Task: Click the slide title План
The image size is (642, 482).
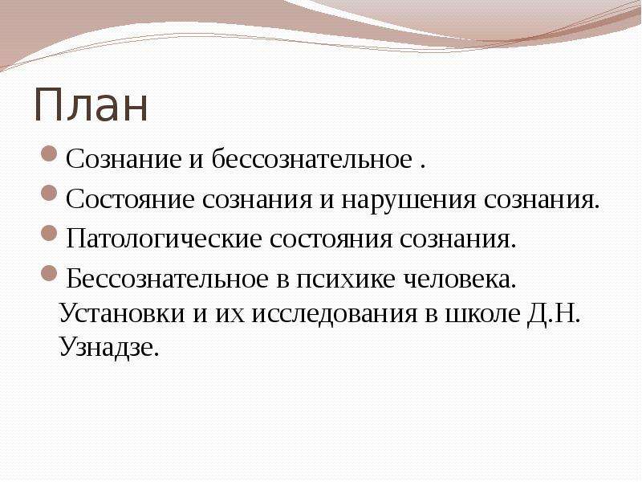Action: coord(91,105)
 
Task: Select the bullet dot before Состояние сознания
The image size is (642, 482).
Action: coord(49,194)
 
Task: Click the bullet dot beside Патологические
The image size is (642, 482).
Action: coord(49,234)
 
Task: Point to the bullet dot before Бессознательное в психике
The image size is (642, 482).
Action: coord(49,273)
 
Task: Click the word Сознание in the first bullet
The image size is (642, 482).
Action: coord(124,158)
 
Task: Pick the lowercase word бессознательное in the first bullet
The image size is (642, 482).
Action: coord(312,158)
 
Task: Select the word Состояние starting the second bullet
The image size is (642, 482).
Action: coord(130,199)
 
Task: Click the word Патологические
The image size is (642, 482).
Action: coord(164,239)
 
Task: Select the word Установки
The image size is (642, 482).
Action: coord(122,314)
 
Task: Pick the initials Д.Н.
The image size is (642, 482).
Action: coord(554,313)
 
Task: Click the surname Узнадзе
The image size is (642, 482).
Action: coord(108,347)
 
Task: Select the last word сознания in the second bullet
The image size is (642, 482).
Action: coord(542,200)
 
